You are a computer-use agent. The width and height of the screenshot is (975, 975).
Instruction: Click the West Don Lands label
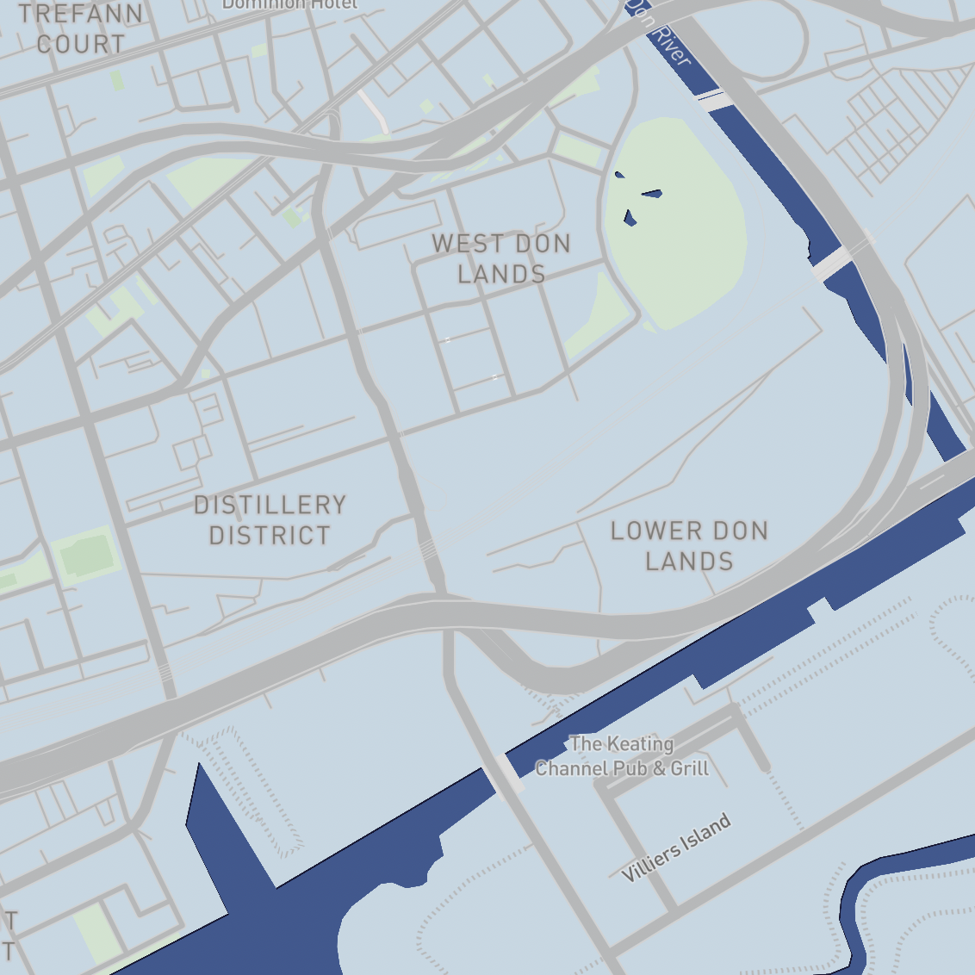pos(501,258)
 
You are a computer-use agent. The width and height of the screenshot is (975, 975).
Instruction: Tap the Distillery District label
pos(270,520)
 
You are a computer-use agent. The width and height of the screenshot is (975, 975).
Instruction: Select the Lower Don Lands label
pos(689,546)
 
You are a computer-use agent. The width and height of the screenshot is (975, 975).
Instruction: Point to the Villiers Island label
pos(677,848)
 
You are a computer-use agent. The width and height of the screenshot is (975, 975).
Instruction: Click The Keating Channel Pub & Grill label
pos(622,756)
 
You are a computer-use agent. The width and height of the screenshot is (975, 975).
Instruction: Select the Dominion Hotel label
pos(289,4)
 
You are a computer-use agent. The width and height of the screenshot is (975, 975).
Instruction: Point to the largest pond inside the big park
pos(652,193)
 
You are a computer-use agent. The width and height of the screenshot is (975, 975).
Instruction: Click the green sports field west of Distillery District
pos(86,556)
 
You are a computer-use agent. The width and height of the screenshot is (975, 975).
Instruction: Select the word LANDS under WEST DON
pos(501,274)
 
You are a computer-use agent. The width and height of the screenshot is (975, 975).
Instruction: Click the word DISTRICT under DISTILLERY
pos(270,536)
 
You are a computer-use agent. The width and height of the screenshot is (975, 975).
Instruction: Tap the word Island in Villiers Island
pos(704,834)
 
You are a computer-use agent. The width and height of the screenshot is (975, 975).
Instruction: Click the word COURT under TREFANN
pos(81,44)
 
